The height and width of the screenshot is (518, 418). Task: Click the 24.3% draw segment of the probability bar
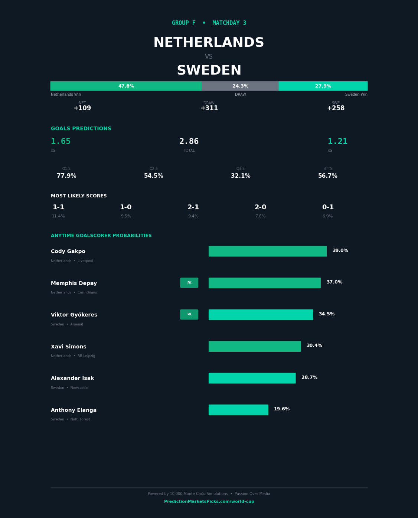pyautogui.click(x=240, y=86)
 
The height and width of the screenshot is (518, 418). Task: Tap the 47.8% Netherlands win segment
pyautogui.click(x=126, y=86)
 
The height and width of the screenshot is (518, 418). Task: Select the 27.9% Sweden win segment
pyautogui.click(x=323, y=86)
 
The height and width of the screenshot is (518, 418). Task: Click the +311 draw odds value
pyautogui.click(x=209, y=108)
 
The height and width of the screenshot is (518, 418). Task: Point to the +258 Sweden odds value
pyautogui.click(x=336, y=108)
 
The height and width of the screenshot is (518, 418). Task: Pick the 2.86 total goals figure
pyautogui.click(x=189, y=142)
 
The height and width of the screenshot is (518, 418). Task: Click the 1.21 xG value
pyautogui.click(x=337, y=142)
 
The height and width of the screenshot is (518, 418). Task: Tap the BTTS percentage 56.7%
pyautogui.click(x=327, y=176)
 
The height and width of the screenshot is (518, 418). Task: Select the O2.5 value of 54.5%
pyautogui.click(x=153, y=176)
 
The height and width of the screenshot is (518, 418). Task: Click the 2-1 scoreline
pyautogui.click(x=193, y=207)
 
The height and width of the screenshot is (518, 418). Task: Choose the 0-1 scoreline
pyautogui.click(x=328, y=207)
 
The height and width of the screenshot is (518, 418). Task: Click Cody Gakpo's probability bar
pyautogui.click(x=267, y=251)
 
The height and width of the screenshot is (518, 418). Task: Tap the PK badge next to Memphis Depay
pyautogui.click(x=189, y=283)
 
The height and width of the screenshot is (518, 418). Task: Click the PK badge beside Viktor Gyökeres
pyautogui.click(x=189, y=315)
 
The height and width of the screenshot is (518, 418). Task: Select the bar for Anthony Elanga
pyautogui.click(x=238, y=410)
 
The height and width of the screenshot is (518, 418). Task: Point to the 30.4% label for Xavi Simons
pyautogui.click(x=314, y=346)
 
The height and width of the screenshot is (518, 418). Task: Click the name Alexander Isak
pyautogui.click(x=72, y=378)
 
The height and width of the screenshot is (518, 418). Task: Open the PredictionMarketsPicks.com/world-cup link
pyautogui.click(x=209, y=502)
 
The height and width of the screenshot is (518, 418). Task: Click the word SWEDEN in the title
pyautogui.click(x=209, y=71)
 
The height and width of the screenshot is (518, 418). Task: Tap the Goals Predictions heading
pyautogui.click(x=81, y=129)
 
